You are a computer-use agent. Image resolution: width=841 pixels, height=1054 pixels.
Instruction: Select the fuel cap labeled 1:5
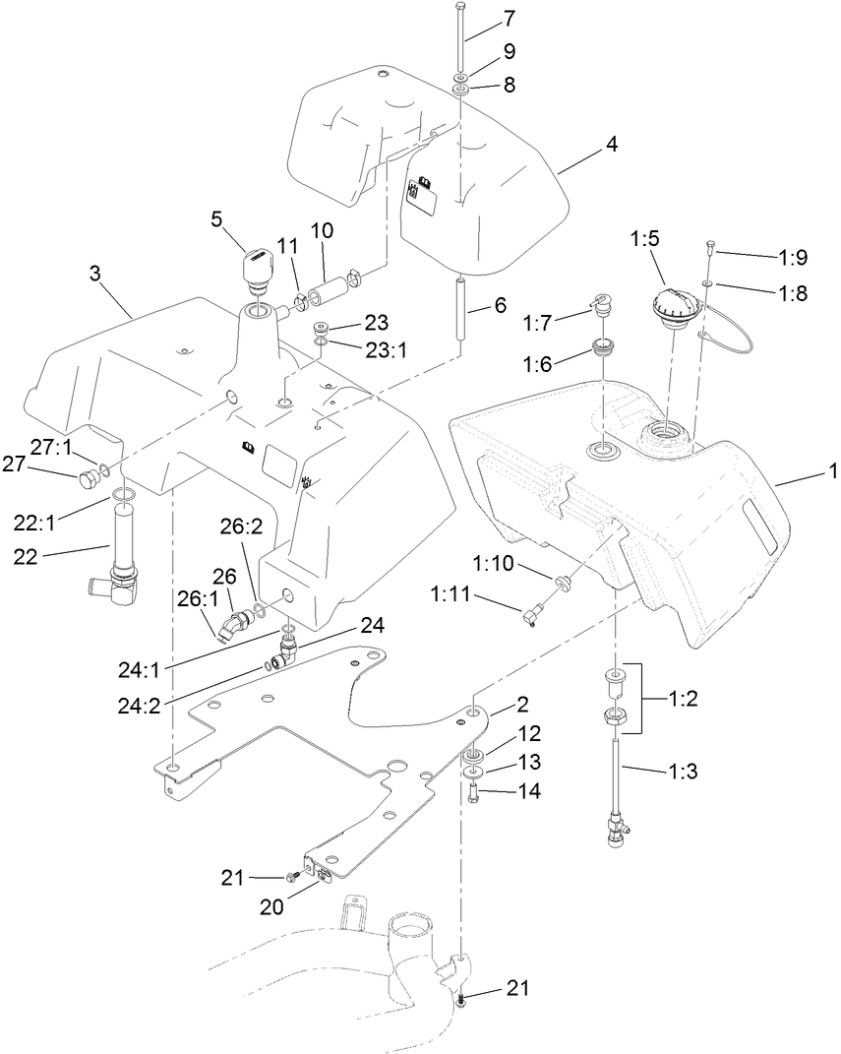click(x=672, y=304)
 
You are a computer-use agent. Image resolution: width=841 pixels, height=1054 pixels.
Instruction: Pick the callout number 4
click(x=611, y=144)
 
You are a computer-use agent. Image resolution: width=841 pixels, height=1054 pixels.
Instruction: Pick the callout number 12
click(x=529, y=734)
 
